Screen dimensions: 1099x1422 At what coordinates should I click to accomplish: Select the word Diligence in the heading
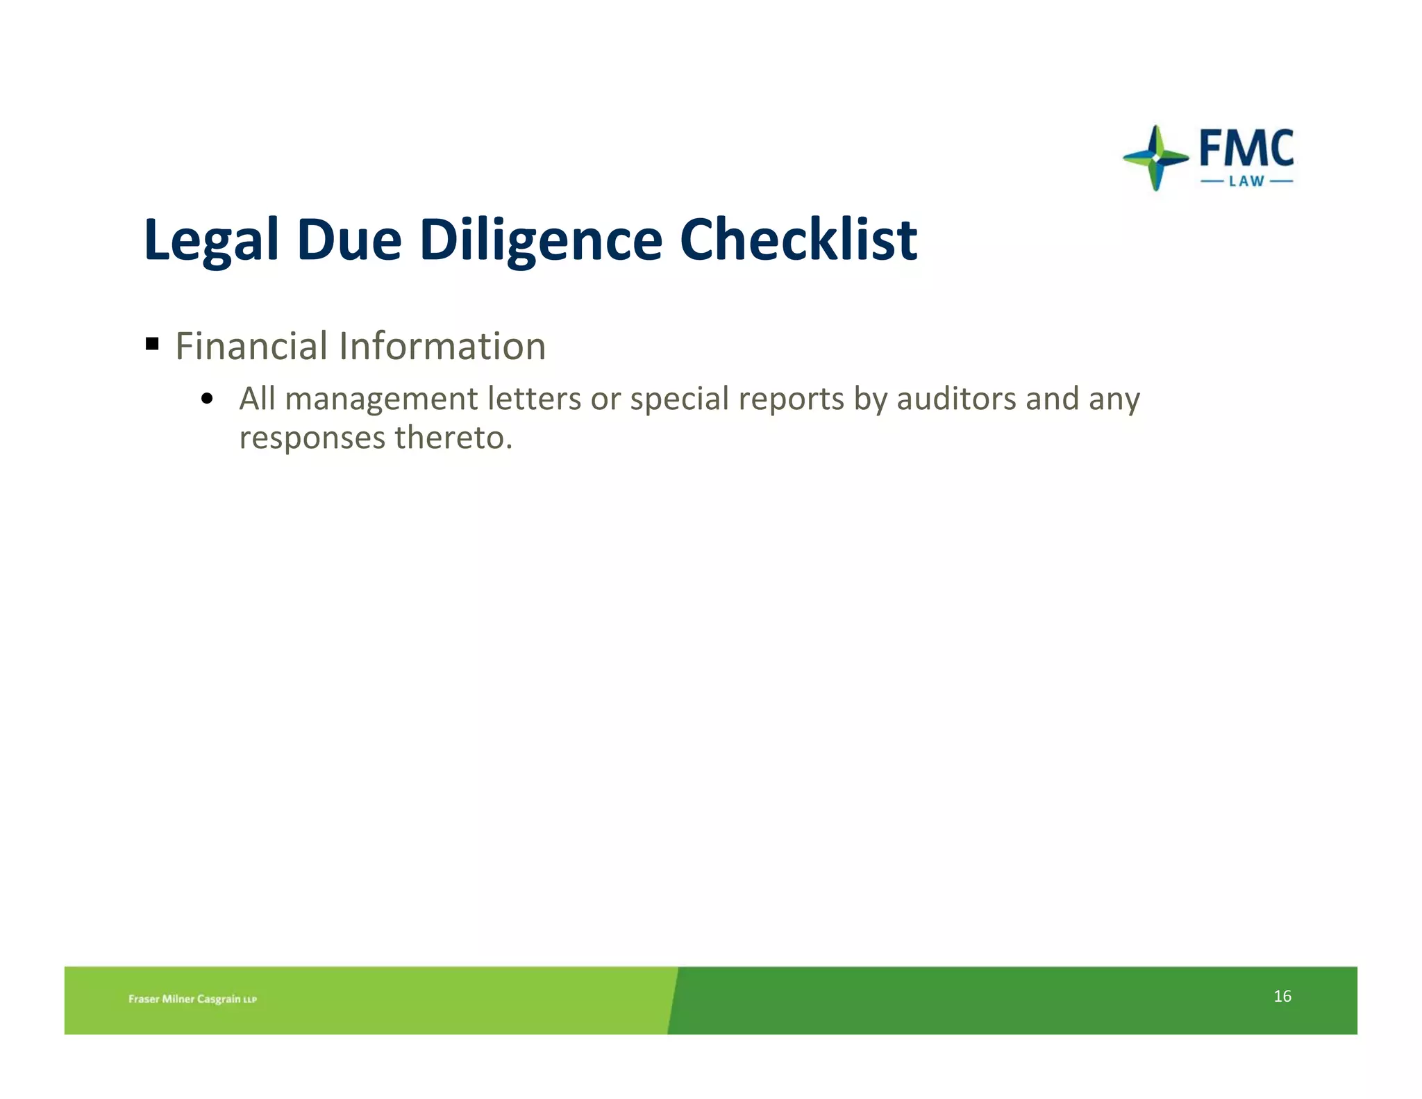[541, 240]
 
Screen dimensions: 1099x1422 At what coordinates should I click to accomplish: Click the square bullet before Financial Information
[153, 343]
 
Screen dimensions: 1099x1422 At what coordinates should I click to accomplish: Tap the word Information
[442, 346]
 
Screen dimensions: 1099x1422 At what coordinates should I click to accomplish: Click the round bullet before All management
[206, 399]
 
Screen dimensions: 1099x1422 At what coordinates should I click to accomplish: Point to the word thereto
[453, 438]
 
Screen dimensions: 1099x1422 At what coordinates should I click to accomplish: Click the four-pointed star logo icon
[1155, 158]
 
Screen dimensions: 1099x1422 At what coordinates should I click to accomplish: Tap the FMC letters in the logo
[1246, 148]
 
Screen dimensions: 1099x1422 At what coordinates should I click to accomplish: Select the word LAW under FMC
[1246, 182]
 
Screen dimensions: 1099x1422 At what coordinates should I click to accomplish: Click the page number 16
[1282, 996]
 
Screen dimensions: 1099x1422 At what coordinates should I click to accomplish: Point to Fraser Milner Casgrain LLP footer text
[192, 999]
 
